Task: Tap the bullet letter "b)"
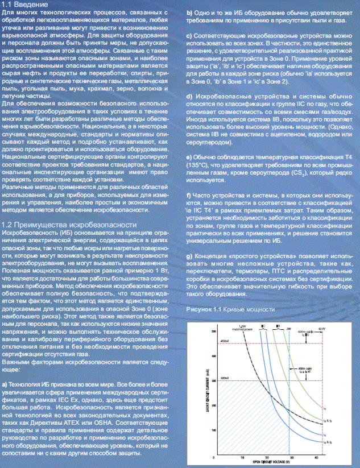pos(189,12)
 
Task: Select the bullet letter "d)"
pos(189,97)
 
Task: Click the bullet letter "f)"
pos(189,196)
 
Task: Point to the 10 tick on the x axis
pos(242,458)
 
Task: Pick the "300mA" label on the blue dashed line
pos(223,378)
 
